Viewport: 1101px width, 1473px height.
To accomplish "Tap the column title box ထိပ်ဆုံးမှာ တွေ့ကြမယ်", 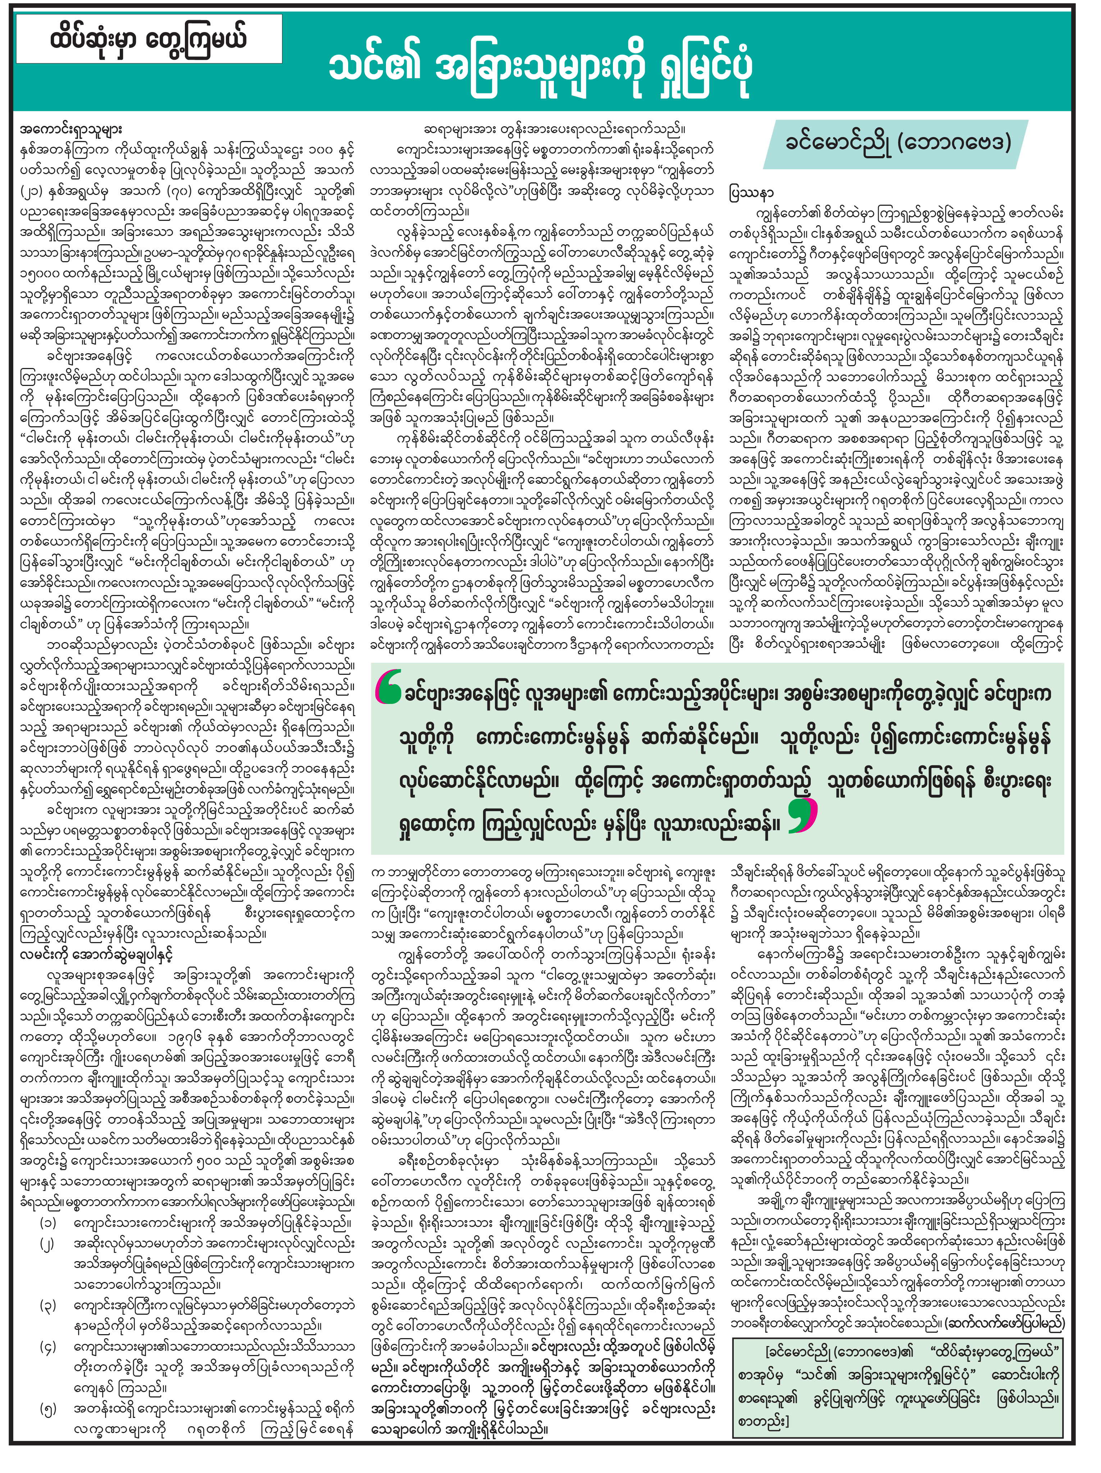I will point(149,38).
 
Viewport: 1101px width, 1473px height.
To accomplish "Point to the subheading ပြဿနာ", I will point(751,192).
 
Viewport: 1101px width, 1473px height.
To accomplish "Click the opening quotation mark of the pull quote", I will point(388,687).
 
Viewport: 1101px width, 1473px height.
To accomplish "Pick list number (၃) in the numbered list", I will point(48,1305).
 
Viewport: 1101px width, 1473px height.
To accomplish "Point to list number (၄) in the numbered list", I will point(48,1346).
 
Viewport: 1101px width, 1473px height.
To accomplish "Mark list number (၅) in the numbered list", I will point(48,1408).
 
